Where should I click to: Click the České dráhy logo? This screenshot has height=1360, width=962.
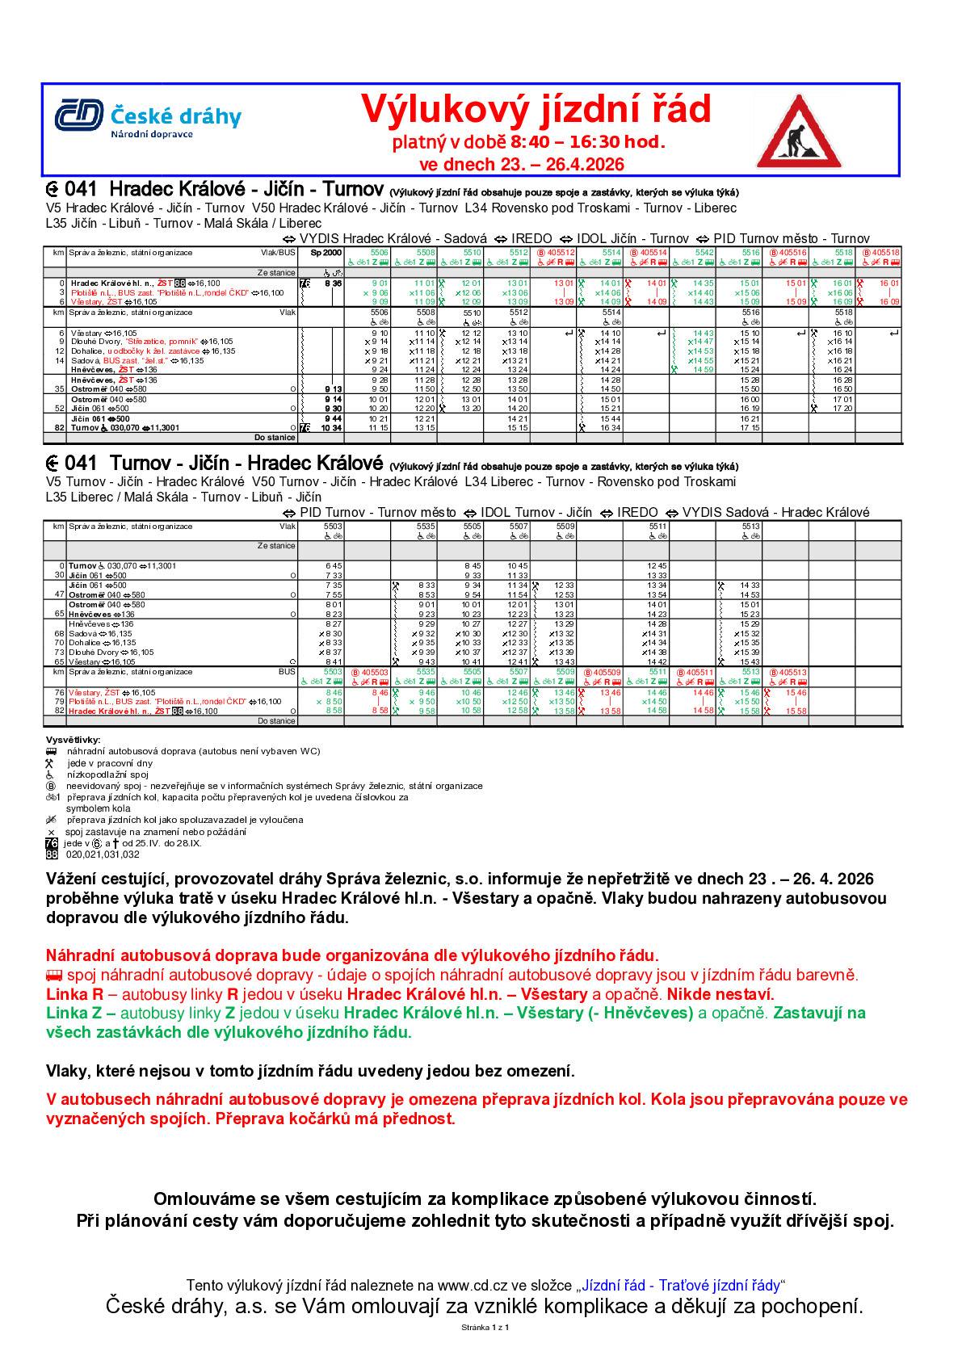[148, 118]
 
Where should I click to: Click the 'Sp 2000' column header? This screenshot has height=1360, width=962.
[321, 253]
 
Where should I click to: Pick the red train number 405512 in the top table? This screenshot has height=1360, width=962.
[557, 253]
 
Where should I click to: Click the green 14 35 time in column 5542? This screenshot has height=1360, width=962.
[702, 283]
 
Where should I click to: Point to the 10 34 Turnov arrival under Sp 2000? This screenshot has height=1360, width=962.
[332, 428]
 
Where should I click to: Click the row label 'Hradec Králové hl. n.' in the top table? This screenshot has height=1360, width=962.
[111, 283]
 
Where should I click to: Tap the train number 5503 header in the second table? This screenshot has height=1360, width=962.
[332, 526]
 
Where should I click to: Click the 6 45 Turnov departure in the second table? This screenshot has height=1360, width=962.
[334, 566]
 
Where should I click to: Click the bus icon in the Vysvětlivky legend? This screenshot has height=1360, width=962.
[51, 751]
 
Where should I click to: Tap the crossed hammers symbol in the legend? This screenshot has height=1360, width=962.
[51, 763]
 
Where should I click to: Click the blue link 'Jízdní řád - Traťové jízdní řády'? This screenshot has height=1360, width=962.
[680, 1285]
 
